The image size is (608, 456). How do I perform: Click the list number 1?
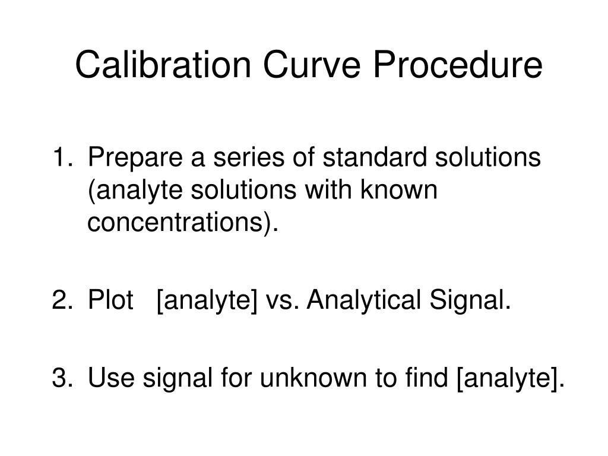point(59,159)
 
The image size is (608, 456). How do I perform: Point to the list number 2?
point(60,301)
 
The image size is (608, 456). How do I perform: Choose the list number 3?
point(60,377)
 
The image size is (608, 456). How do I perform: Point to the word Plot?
point(110,301)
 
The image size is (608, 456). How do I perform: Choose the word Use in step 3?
point(110,377)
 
